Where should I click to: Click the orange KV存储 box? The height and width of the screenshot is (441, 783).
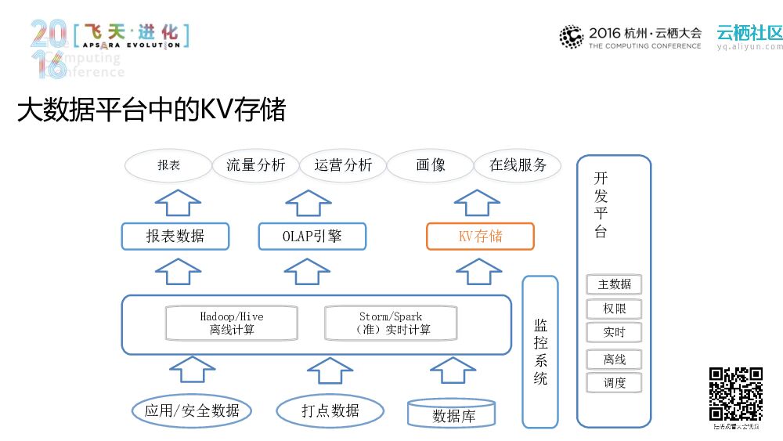pyautogui.click(x=480, y=237)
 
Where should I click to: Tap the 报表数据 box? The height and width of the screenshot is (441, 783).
pyautogui.click(x=175, y=237)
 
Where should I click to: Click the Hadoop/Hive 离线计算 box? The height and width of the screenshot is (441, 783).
pyautogui.click(x=232, y=324)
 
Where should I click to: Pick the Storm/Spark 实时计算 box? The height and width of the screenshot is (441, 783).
pyautogui.click(x=391, y=324)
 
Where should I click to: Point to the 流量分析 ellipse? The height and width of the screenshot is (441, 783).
pyautogui.click(x=255, y=165)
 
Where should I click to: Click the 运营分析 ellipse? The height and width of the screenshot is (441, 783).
pyautogui.click(x=343, y=165)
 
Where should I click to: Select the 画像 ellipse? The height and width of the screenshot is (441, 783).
pyautogui.click(x=431, y=165)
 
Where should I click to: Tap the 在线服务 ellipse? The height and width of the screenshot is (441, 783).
pyautogui.click(x=518, y=165)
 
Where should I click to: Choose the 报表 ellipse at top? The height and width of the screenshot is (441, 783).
pyautogui.click(x=169, y=165)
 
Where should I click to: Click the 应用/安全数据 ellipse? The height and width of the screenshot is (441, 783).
pyautogui.click(x=193, y=410)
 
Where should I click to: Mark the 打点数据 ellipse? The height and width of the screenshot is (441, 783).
pyautogui.click(x=330, y=410)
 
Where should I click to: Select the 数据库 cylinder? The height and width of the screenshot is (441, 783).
pyautogui.click(x=453, y=414)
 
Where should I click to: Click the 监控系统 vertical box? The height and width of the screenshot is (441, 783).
pyautogui.click(x=540, y=352)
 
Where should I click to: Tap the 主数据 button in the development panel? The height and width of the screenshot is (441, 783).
pyautogui.click(x=615, y=284)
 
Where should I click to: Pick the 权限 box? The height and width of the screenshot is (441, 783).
pyautogui.click(x=615, y=309)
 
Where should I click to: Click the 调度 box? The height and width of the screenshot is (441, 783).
pyautogui.click(x=615, y=383)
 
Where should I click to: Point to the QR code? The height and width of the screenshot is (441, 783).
pyautogui.click(x=736, y=394)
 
